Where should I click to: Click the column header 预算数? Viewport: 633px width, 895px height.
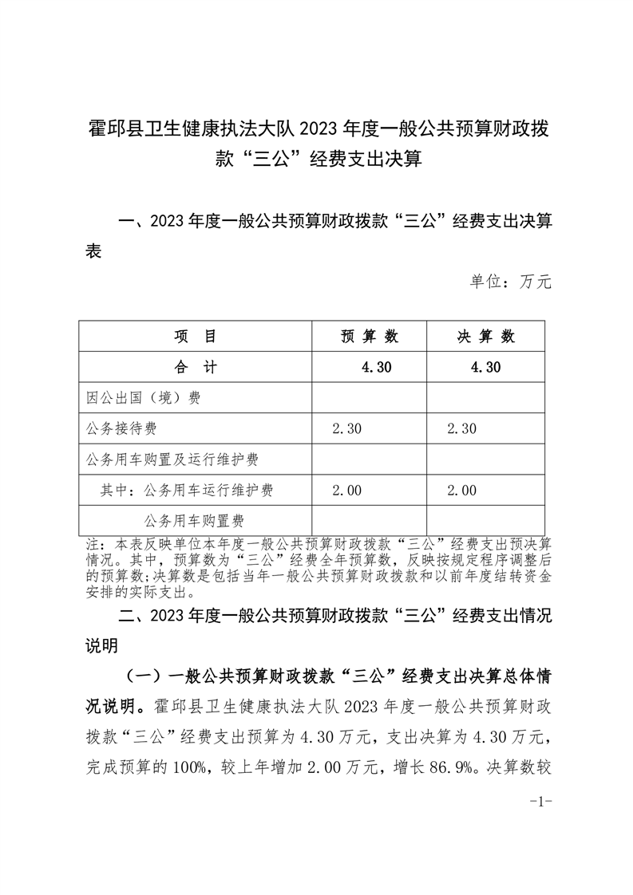tap(370, 337)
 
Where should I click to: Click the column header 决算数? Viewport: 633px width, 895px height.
tap(485, 337)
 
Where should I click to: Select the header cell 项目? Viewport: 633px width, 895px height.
tap(196, 337)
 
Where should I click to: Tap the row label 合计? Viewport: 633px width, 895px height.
tap(196, 367)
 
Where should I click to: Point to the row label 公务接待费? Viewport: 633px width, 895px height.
tap(121, 428)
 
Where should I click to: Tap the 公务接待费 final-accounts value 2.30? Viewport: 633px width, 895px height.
tap(462, 428)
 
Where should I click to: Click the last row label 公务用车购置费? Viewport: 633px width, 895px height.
tap(194, 521)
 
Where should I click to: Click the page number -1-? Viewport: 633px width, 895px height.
tap(541, 802)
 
